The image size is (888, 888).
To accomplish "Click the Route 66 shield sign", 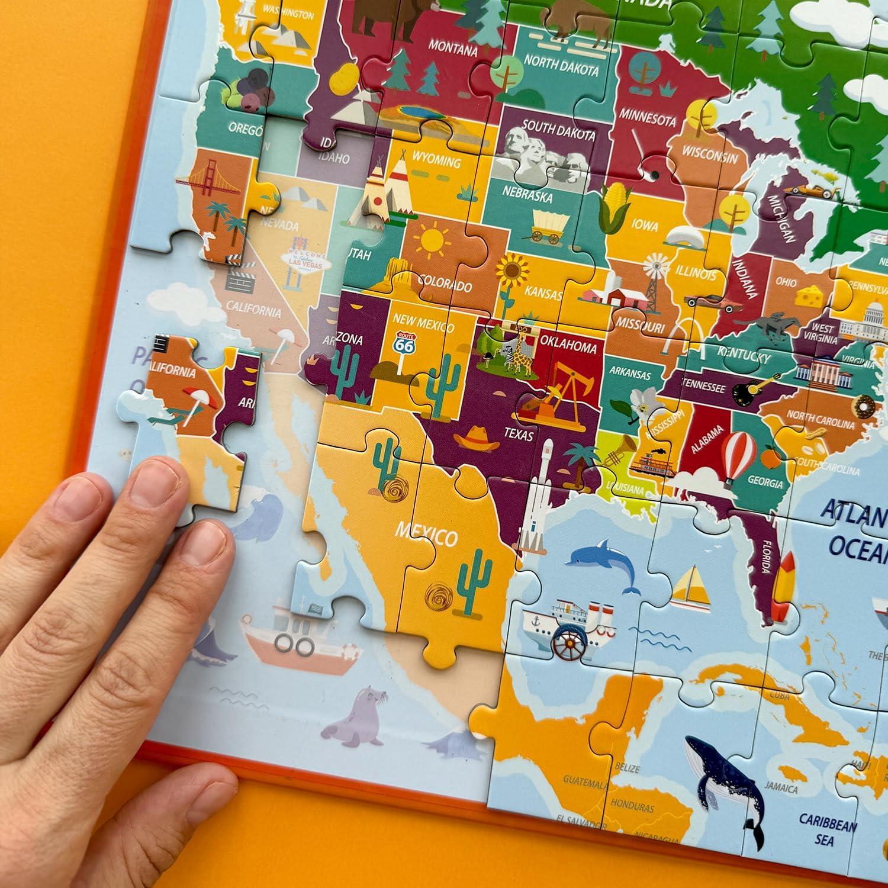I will tap(406, 343).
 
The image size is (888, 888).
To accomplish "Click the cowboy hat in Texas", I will tap(475, 438).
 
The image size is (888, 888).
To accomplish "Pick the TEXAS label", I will tap(518, 434).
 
